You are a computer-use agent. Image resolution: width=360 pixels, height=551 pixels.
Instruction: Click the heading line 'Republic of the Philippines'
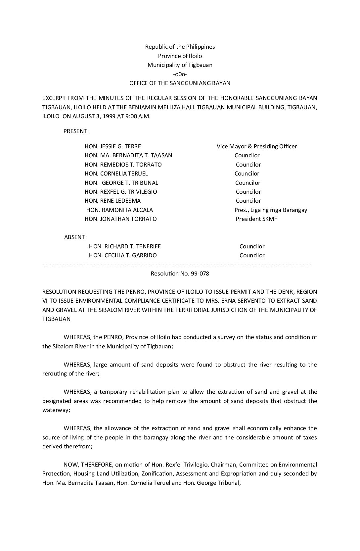point(180,47)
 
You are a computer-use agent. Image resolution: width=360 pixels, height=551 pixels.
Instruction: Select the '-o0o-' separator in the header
point(180,74)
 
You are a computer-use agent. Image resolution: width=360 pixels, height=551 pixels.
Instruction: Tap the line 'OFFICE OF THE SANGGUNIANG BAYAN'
point(180,83)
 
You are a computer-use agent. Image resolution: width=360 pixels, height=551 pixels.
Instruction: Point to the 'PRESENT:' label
point(76,131)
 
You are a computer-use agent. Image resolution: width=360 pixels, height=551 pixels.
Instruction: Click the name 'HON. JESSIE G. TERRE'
point(113,146)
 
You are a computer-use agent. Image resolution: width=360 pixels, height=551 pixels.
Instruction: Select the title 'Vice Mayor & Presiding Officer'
point(257,146)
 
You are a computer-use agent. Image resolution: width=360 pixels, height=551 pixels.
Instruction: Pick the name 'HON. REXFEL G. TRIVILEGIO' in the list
point(121,192)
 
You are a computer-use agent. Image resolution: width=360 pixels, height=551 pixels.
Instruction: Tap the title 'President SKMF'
point(256,219)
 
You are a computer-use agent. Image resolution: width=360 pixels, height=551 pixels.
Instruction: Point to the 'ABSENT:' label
point(75,237)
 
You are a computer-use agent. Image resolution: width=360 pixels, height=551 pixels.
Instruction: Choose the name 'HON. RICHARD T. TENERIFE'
point(125,246)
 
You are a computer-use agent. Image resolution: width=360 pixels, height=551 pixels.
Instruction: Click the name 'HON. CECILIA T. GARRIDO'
point(123,255)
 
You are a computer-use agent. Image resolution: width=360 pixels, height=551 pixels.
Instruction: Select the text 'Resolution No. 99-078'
point(180,274)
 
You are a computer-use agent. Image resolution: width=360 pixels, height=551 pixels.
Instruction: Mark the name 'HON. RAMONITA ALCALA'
point(119,210)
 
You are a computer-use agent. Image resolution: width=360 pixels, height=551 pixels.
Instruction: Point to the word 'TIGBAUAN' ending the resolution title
point(56,319)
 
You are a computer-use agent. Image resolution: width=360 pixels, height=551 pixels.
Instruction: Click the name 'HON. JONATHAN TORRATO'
point(121,219)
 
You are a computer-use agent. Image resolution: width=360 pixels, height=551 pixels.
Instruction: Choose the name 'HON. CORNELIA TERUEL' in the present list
point(116,174)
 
